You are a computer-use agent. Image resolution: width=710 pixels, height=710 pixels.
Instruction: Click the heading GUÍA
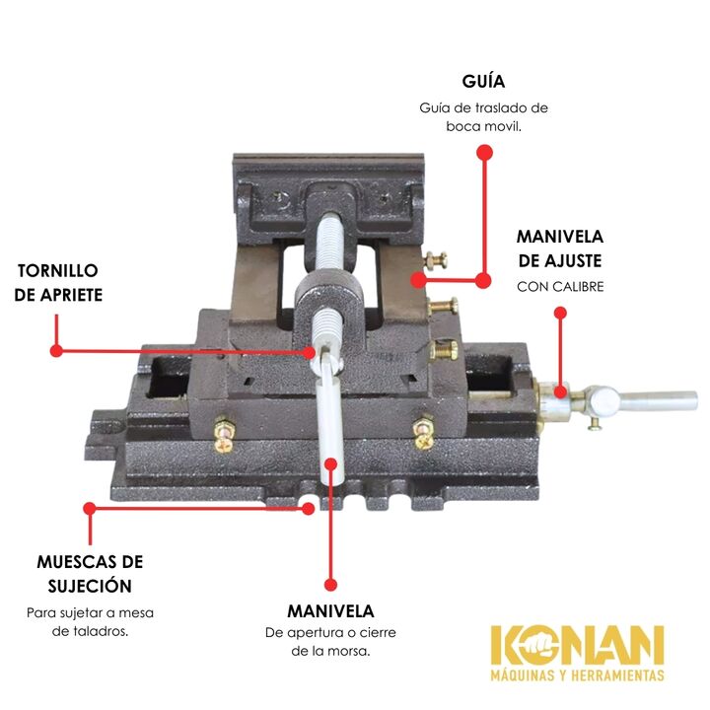pyautogui.click(x=483, y=81)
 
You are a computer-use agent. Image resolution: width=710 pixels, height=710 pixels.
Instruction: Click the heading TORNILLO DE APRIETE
pyautogui.click(x=58, y=282)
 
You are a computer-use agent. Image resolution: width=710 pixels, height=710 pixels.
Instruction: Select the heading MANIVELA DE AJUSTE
pyautogui.click(x=559, y=249)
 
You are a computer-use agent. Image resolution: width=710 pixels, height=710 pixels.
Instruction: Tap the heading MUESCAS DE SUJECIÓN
pyautogui.click(x=90, y=574)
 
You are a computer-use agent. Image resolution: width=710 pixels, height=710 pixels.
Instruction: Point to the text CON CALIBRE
pyautogui.click(x=559, y=287)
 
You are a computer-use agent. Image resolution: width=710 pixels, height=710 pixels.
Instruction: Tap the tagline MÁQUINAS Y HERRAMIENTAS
pyautogui.click(x=577, y=676)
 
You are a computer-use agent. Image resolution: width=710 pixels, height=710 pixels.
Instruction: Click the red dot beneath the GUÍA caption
pyautogui.click(x=483, y=152)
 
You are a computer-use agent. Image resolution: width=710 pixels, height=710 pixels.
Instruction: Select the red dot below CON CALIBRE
pyautogui.click(x=560, y=313)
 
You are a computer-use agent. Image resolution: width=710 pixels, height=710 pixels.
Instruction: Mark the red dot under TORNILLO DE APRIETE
pyautogui.click(x=57, y=349)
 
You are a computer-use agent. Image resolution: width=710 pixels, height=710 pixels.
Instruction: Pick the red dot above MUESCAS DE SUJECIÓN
pyautogui.click(x=90, y=508)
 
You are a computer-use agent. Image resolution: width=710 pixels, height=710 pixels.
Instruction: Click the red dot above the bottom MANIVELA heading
pyautogui.click(x=331, y=585)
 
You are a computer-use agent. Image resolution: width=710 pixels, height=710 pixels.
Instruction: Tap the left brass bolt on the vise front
pyautogui.click(x=226, y=432)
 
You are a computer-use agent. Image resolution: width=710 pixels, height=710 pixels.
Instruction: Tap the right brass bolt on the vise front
pyautogui.click(x=425, y=429)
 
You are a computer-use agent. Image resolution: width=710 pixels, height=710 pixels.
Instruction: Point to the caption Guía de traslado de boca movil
pyautogui.click(x=483, y=116)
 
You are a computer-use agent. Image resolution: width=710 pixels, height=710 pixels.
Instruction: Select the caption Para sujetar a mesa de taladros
pyautogui.click(x=90, y=621)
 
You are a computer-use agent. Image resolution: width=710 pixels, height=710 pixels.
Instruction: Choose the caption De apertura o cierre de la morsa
pyautogui.click(x=330, y=641)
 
